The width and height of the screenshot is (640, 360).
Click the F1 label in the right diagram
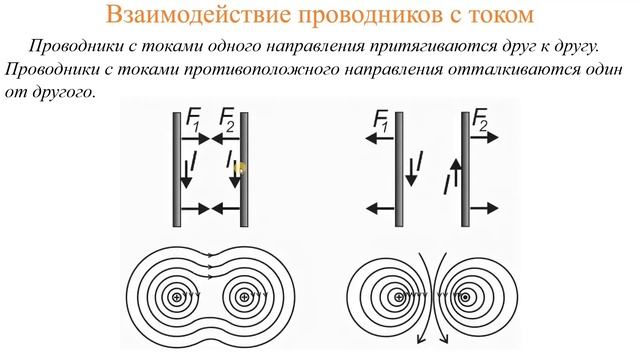click(x=381, y=123)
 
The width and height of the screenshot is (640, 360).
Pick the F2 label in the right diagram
click(x=482, y=123)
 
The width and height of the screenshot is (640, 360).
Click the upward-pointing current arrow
click(x=452, y=174)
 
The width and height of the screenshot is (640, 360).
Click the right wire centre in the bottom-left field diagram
click(x=243, y=297)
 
